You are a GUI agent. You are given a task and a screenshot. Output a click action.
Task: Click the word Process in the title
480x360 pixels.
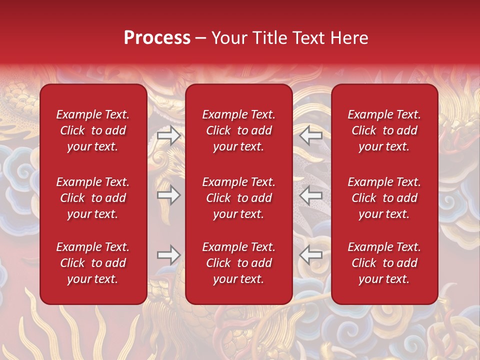tap(157, 38)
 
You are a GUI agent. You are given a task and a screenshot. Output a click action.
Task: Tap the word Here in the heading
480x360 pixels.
tap(349, 38)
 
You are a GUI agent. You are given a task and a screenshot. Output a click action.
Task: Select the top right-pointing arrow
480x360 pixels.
tap(169, 135)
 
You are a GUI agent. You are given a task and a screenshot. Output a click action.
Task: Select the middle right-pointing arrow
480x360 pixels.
tap(169, 195)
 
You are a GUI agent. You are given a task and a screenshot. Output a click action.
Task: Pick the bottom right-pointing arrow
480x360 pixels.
tap(169, 255)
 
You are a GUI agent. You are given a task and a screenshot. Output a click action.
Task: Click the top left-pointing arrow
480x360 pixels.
tap(311, 135)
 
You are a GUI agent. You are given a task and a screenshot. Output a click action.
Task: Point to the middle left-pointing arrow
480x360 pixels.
tap(311, 195)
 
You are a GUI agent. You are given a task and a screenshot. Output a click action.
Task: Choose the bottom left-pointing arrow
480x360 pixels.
tap(311, 255)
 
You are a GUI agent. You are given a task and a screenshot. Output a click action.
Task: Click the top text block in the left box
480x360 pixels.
tap(93, 130)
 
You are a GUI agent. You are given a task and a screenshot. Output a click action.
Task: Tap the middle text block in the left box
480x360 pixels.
tap(93, 198)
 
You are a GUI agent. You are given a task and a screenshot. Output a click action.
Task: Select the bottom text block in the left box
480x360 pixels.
tap(93, 263)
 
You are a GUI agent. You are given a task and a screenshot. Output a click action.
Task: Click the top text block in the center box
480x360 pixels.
tap(239, 130)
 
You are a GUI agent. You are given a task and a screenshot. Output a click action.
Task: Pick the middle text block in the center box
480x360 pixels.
tap(239, 198)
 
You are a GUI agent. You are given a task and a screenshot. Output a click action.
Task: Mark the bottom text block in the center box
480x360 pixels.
tap(239, 263)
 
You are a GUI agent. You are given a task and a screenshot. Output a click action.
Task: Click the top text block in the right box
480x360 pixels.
tap(384, 130)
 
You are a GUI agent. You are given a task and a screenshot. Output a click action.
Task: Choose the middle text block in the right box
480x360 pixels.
tap(384, 198)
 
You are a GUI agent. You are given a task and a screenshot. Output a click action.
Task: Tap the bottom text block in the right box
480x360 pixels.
tap(384, 263)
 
